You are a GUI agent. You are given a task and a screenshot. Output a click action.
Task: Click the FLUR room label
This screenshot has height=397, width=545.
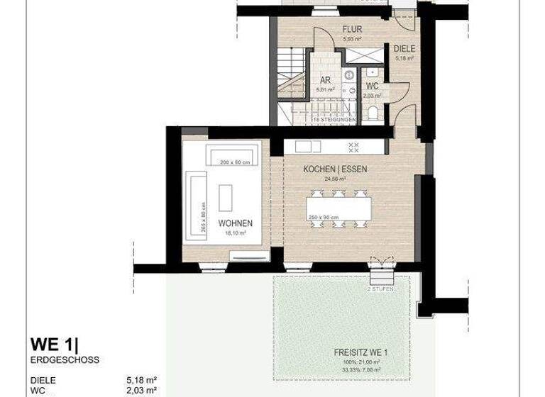[x=351, y=29]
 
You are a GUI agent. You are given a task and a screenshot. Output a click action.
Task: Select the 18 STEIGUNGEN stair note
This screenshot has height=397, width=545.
[x=334, y=120]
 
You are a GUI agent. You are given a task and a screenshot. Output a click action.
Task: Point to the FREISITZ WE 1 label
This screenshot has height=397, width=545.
[x=362, y=352]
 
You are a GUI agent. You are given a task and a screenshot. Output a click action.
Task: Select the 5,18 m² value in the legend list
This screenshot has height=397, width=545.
[x=141, y=380]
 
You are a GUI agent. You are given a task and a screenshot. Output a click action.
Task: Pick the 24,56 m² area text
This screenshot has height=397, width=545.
[x=334, y=180]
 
